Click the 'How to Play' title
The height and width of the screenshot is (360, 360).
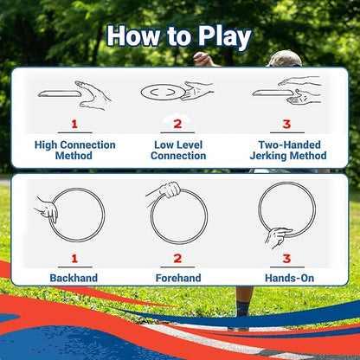coord(179,37)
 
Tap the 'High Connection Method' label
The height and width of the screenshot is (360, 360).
coord(74,150)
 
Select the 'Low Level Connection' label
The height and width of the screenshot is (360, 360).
coord(178,150)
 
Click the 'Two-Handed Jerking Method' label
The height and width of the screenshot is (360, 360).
coord(286,150)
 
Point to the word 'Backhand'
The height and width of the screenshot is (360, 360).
coord(74,278)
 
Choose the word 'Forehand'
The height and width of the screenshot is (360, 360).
coord(178,278)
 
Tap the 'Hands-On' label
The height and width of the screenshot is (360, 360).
coord(286,278)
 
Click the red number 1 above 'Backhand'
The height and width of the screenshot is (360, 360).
coord(74,258)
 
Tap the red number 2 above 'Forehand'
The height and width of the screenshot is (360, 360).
coord(178,258)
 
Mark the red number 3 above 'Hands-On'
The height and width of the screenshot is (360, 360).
coord(286,258)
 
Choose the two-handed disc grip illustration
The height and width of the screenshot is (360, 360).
coord(286,91)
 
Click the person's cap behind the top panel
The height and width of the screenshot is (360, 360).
coord(285,58)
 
